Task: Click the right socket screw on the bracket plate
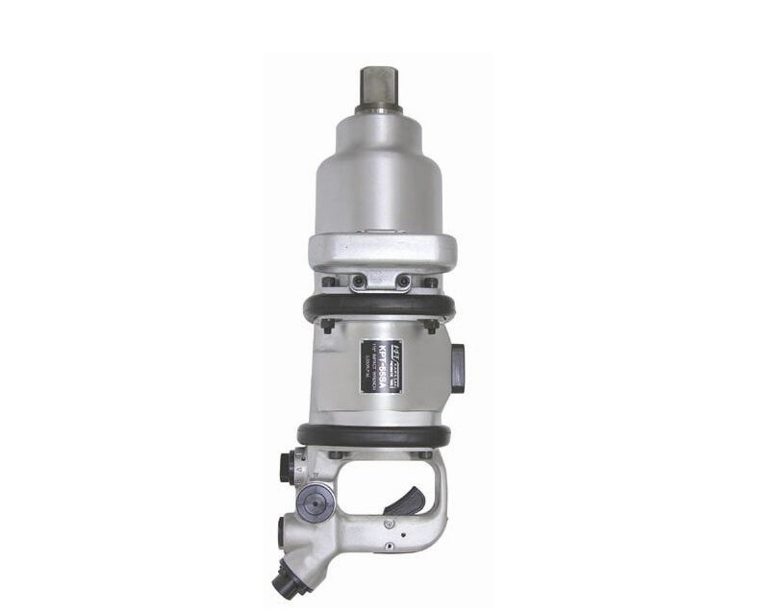(403, 281)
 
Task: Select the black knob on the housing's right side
(456, 369)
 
